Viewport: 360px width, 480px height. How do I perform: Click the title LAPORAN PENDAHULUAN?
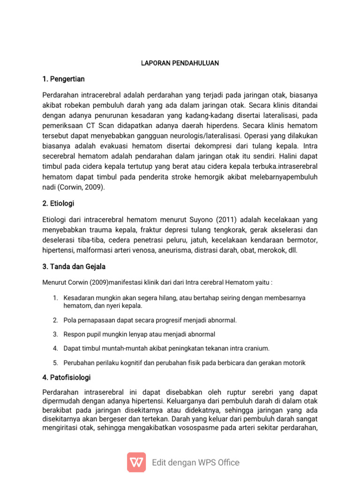tap(180, 63)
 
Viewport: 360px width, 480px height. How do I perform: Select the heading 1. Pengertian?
tap(63, 79)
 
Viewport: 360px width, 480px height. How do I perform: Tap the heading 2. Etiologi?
tap(58, 203)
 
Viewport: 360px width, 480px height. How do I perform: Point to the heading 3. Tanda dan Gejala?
tap(74, 266)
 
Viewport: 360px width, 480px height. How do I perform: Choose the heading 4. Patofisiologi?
tap(66, 377)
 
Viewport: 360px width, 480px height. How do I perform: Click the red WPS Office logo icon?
tap(136, 462)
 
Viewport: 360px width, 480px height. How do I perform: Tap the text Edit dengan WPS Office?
tap(196, 463)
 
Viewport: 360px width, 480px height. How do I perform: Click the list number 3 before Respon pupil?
tap(54, 334)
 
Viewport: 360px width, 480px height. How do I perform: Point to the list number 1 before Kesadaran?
tap(54, 298)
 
